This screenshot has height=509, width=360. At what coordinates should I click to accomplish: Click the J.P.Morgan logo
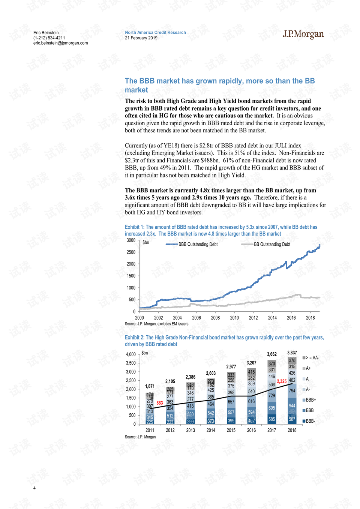(x=303, y=34)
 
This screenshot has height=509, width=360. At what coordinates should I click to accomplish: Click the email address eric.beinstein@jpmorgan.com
(x=60, y=43)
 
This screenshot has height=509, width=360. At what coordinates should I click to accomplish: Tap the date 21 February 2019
(x=141, y=38)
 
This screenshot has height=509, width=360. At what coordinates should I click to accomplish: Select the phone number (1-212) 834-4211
(x=49, y=38)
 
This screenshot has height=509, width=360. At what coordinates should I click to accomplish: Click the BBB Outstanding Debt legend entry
(x=192, y=244)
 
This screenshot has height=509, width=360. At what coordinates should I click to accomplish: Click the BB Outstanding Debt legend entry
(x=265, y=244)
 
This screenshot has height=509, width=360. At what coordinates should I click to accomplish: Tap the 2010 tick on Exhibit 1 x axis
(x=234, y=318)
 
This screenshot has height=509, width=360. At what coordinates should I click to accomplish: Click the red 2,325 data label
(x=282, y=381)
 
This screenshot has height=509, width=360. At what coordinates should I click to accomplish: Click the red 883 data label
(x=160, y=402)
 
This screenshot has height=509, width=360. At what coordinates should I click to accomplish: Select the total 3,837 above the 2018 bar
(x=292, y=353)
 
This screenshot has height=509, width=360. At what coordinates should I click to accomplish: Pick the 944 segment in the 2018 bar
(x=292, y=405)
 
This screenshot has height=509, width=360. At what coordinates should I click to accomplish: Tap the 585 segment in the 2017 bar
(x=271, y=419)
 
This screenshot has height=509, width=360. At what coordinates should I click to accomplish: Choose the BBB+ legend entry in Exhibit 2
(x=309, y=400)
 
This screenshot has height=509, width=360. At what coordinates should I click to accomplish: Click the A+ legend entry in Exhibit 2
(x=307, y=368)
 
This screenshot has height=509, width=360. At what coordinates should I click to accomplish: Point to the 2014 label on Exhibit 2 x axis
(x=211, y=430)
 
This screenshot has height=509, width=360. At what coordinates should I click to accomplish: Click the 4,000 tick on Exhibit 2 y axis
(x=130, y=354)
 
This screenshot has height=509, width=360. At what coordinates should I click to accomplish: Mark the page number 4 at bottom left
(x=34, y=488)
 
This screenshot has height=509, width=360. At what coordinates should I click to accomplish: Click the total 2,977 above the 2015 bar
(x=231, y=366)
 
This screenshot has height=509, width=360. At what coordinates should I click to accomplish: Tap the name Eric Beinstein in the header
(x=46, y=33)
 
